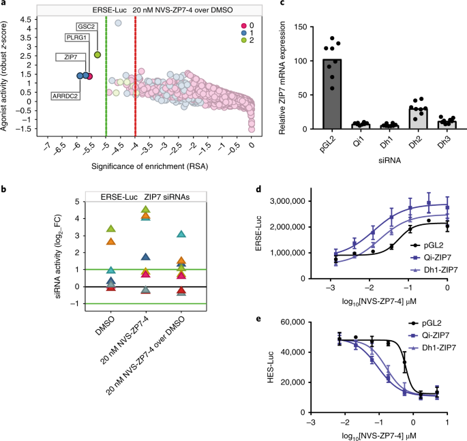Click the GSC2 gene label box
tap(86, 26)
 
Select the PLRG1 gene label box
tap(76, 37)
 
